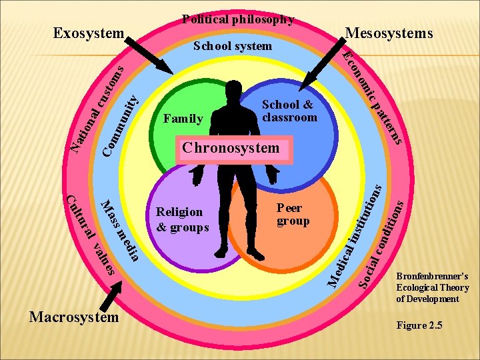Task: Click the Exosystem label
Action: coord(89,33)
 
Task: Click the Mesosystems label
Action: coord(389,33)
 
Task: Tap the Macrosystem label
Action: coord(74,317)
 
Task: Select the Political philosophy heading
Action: coord(238,19)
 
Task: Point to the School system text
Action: coord(232,46)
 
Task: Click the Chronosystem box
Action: coord(233,149)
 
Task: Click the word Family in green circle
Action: coord(183,119)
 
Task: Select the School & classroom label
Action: coord(289,111)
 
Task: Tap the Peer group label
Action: coord(293,215)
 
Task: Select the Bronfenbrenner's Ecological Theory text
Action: coord(432,287)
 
